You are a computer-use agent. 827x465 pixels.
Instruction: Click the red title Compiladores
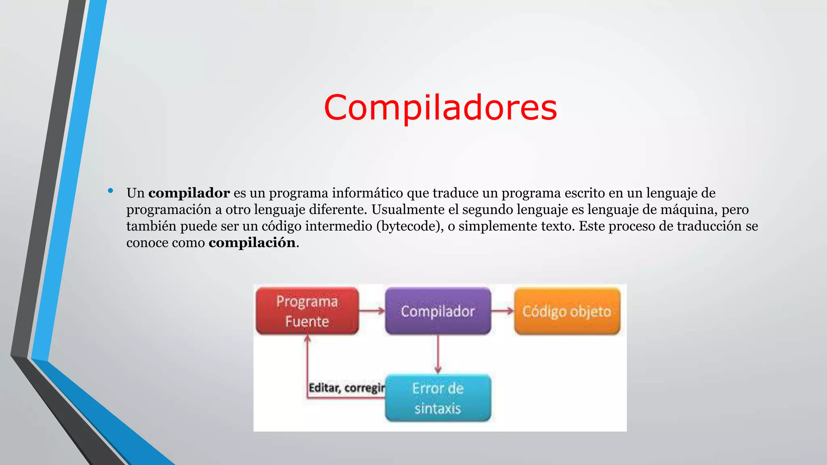pos(440,107)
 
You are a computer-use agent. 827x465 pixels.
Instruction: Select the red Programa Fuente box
pos(307,311)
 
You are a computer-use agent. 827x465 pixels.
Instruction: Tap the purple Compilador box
pos(438,311)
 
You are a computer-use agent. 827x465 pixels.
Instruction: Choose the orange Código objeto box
pos(567,311)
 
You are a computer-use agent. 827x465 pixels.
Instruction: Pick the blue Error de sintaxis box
pos(438,398)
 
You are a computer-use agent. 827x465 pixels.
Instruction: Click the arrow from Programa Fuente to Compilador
pos(372,311)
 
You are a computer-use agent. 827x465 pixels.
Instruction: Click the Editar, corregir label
pos(346,387)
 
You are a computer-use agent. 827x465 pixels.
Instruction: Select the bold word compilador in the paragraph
pos(189,193)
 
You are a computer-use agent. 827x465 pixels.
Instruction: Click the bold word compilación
pos(252,243)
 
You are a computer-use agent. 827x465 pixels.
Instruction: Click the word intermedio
pos(338,226)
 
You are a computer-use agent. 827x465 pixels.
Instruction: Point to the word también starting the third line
pos(151,226)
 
